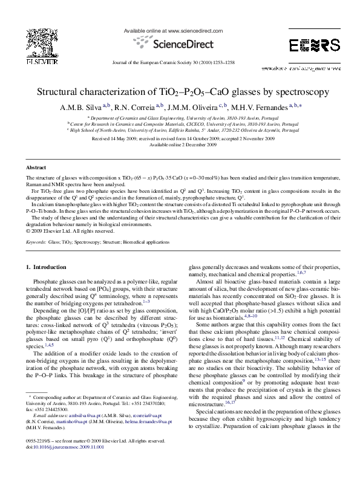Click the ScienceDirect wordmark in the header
[183, 44]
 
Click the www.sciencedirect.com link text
[191, 30]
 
